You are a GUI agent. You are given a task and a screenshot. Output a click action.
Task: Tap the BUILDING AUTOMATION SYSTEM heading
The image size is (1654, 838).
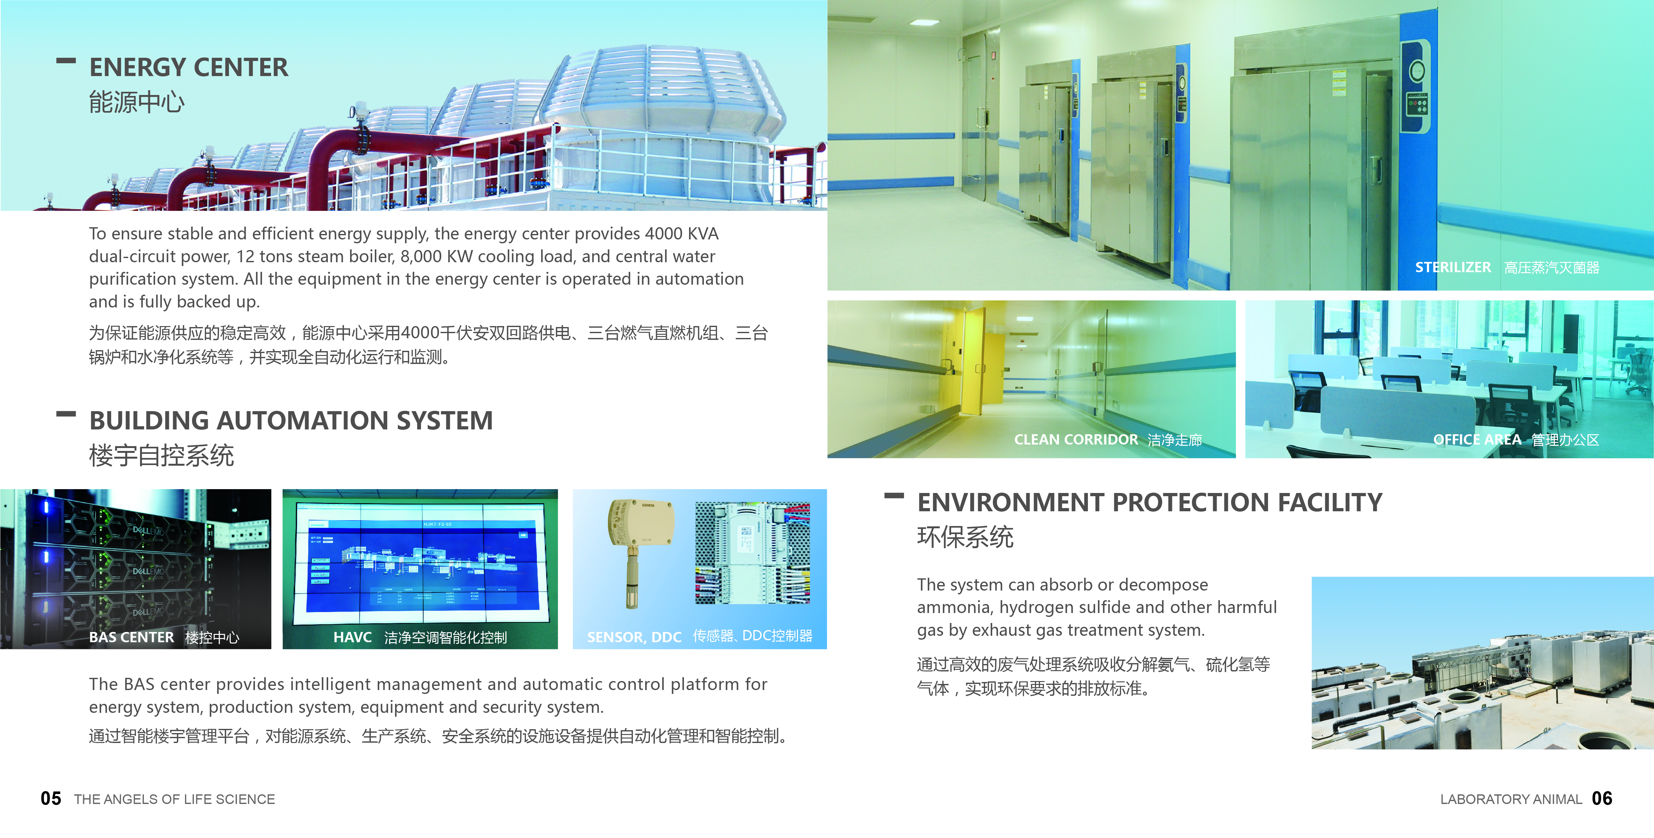point(291,420)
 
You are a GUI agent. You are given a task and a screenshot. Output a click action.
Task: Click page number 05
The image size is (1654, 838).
point(51,798)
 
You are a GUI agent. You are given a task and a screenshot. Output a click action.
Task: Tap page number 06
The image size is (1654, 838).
point(1602,798)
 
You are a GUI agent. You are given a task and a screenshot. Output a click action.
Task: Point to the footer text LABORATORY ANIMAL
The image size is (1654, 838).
point(1511,799)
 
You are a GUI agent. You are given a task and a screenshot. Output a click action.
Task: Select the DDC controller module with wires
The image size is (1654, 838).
point(753,553)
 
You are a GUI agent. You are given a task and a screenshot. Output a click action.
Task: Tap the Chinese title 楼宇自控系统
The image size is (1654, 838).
point(161,455)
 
